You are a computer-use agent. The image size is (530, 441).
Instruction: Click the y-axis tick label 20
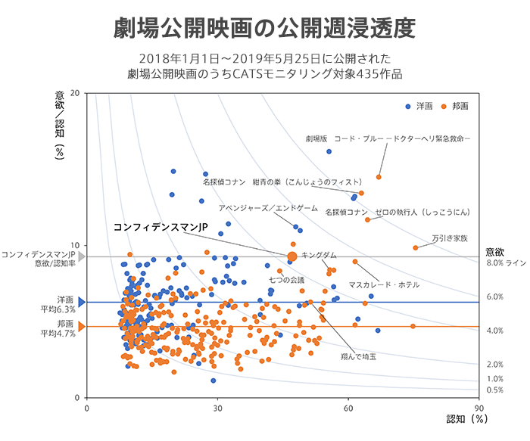75,93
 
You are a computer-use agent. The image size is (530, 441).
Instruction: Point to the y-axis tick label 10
75,245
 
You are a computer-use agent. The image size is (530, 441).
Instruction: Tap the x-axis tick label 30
217,408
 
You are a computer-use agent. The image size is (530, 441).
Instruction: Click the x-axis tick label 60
348,408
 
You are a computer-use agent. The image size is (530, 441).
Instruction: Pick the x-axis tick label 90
479,408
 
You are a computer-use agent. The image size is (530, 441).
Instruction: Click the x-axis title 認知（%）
465,418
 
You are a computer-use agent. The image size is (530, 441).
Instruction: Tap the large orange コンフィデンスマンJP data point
292,256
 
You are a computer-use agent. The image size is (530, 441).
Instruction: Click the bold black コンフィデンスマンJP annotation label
160,227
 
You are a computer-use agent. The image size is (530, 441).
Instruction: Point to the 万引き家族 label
450,237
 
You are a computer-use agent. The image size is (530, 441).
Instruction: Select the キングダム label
319,256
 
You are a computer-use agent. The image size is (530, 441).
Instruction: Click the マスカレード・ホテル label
384,284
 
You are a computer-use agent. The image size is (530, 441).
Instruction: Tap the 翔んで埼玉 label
358,355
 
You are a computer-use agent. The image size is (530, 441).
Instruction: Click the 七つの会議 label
286,280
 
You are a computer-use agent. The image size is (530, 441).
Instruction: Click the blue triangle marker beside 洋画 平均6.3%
82,302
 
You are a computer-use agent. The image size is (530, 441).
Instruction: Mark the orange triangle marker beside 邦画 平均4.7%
82,327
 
